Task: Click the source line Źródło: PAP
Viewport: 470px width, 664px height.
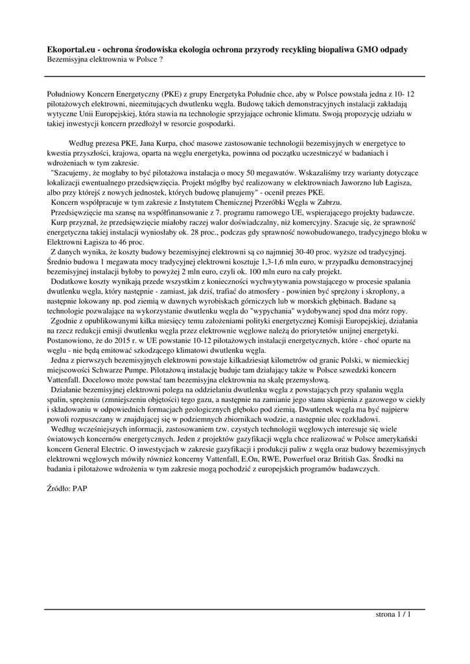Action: tap(67, 488)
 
